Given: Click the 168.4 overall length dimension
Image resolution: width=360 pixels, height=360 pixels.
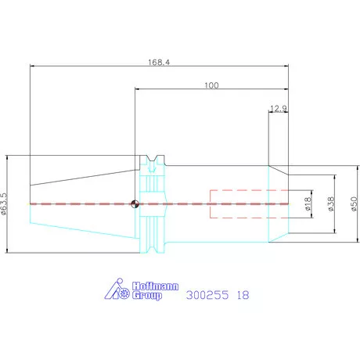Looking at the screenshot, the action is pos(159,63).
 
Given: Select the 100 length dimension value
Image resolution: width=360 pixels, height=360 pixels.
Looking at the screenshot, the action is pos(211,85).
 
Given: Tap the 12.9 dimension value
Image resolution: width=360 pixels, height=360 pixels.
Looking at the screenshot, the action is pos(279,108).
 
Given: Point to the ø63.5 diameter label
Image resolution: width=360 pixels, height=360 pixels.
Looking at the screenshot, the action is pos(4,203).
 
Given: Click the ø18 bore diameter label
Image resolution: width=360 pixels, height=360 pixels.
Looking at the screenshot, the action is pos(308,203).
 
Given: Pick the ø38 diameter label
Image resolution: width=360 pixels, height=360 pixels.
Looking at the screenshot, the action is pos(330,203).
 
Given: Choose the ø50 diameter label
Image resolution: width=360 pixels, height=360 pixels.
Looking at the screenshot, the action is pos(354,203).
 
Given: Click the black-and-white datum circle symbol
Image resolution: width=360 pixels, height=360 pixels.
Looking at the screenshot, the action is pos(135,203).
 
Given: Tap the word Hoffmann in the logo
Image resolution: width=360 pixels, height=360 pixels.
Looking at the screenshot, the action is pos(155,286).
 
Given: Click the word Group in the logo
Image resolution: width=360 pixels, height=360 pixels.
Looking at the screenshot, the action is pos(147,296).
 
